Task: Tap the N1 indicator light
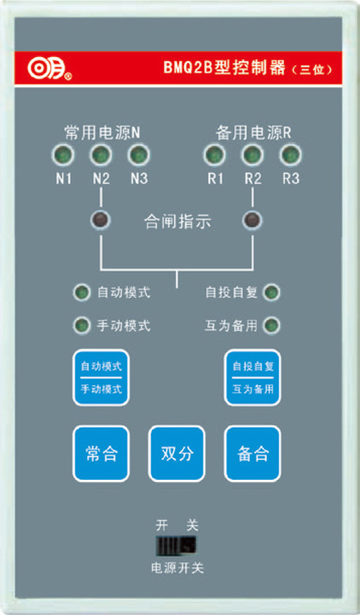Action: click(x=63, y=155)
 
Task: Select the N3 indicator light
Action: click(x=138, y=155)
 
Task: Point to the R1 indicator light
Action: click(x=215, y=155)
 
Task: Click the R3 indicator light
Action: click(x=290, y=155)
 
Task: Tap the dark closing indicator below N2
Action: click(x=101, y=220)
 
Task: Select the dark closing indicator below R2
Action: click(x=253, y=220)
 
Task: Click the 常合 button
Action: click(x=101, y=454)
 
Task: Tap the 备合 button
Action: click(x=253, y=454)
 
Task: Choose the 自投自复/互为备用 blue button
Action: click(x=253, y=377)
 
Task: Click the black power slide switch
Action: click(x=176, y=545)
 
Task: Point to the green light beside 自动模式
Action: click(x=81, y=292)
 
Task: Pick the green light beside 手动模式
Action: click(x=81, y=325)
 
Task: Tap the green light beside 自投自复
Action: click(x=271, y=292)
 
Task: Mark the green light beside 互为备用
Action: click(x=271, y=325)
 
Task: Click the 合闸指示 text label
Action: click(x=177, y=222)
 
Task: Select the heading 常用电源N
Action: click(x=102, y=133)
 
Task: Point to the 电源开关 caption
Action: click(x=177, y=568)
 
